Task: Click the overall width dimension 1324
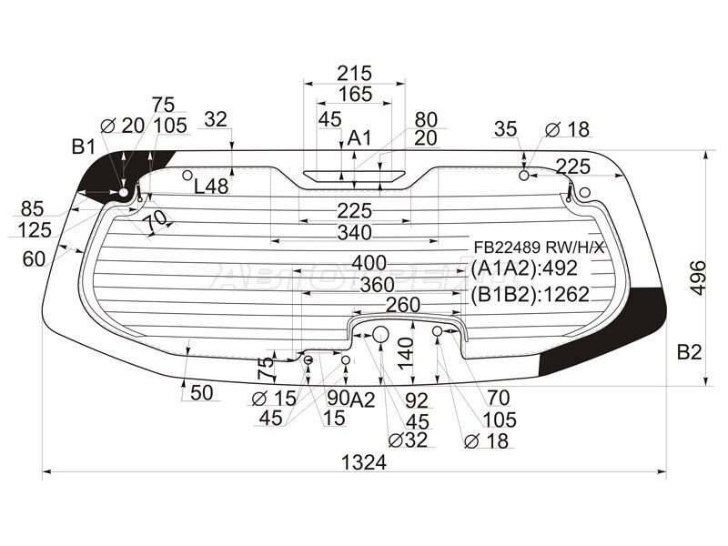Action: tap(363, 462)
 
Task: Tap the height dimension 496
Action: tap(698, 278)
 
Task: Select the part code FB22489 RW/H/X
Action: tap(539, 247)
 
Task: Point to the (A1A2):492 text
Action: tap(524, 268)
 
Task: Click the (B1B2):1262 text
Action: tap(530, 294)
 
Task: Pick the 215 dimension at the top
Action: tap(355, 74)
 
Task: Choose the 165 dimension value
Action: tap(355, 94)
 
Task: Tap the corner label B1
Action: tap(84, 147)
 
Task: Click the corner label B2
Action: tap(689, 352)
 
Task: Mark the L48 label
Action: tap(211, 187)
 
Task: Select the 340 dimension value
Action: tap(355, 232)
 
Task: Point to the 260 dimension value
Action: tap(402, 305)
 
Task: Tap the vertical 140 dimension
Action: tap(405, 353)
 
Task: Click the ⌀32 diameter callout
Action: tap(409, 440)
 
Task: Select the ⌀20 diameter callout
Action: tap(123, 126)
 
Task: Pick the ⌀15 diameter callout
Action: tap(274, 398)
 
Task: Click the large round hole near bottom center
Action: tap(380, 334)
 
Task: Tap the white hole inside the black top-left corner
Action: tap(124, 192)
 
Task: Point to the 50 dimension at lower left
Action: tap(201, 393)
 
